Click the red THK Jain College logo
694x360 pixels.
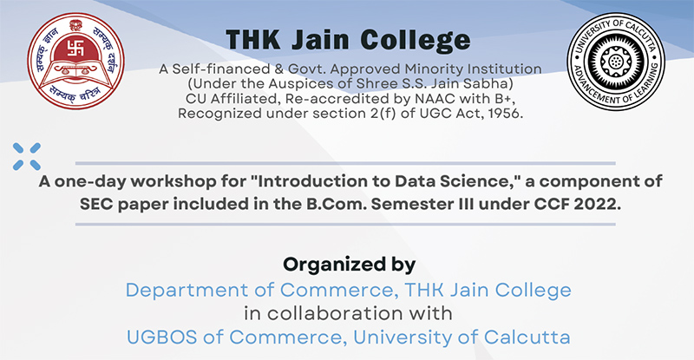(x=75, y=61)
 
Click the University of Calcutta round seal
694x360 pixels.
(x=616, y=61)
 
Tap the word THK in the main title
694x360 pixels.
(x=252, y=40)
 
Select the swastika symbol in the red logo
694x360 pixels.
(x=75, y=48)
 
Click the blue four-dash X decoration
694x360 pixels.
(x=27, y=156)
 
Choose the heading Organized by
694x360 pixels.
(x=350, y=265)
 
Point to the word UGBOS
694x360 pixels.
(x=161, y=337)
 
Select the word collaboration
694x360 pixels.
(x=335, y=313)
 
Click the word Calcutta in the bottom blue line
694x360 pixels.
(x=527, y=337)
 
